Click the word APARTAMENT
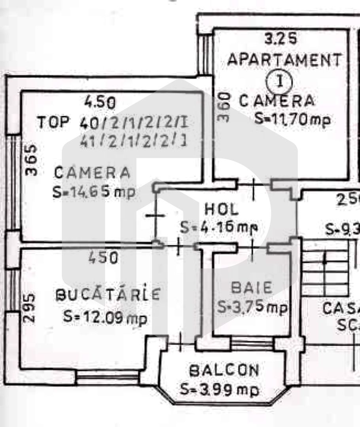(284, 60)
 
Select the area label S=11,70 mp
(292, 119)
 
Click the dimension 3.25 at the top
(280, 39)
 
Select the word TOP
(54, 123)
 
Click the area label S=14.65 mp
(94, 192)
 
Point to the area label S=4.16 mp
(218, 227)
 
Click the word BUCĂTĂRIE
(108, 294)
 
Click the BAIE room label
(252, 287)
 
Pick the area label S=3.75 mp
(252, 306)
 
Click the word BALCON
(224, 370)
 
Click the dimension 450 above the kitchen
(103, 258)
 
